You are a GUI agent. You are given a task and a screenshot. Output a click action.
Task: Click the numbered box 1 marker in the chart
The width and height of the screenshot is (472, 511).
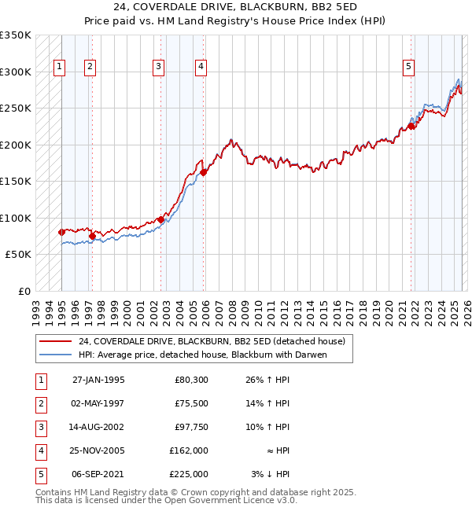[61, 68]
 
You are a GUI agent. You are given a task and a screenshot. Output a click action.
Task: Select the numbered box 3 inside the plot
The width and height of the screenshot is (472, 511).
[159, 68]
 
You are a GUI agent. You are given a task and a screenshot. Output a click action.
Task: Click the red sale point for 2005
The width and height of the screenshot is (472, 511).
[203, 172]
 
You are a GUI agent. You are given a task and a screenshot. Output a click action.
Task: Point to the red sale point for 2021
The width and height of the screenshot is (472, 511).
[411, 126]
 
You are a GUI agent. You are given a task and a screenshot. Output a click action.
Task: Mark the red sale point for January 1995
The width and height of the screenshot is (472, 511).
[62, 232]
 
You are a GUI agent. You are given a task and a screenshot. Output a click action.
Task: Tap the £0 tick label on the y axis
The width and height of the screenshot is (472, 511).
[24, 291]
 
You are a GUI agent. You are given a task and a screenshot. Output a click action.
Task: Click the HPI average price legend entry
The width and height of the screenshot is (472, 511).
[201, 355]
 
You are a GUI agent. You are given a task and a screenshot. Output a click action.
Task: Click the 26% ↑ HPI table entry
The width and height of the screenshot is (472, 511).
[270, 380]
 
